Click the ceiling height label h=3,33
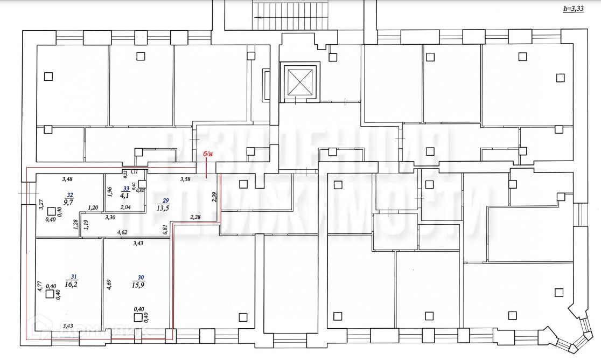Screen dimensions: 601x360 [x=573, y=10]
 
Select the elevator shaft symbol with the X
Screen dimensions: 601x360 [x=299, y=81]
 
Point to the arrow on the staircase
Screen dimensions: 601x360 [x=260, y=17]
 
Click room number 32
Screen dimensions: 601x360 [x=70, y=195]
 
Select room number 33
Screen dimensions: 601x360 [x=126, y=189]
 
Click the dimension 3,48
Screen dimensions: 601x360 [x=67, y=179]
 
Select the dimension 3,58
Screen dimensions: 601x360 [x=186, y=179]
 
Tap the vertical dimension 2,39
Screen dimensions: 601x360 [x=214, y=197]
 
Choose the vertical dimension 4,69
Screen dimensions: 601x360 [x=109, y=284]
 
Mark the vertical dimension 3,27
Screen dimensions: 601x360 [x=40, y=206]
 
